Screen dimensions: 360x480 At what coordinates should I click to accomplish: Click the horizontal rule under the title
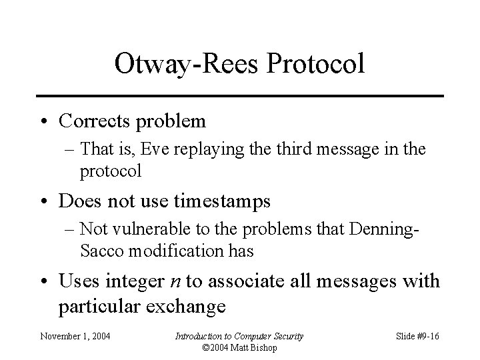(x=239, y=96)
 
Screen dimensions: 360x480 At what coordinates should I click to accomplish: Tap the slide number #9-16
(x=425, y=336)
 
